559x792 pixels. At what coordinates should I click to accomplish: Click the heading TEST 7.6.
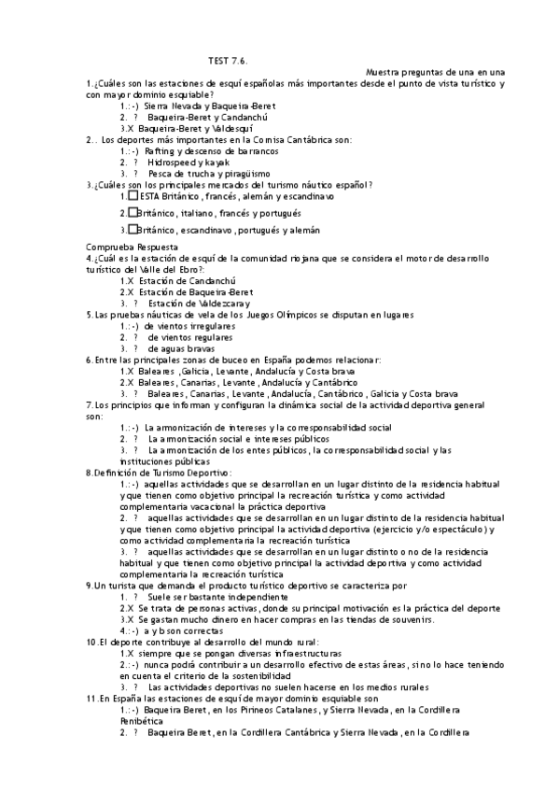point(228,60)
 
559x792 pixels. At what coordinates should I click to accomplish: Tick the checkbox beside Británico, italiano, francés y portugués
point(133,213)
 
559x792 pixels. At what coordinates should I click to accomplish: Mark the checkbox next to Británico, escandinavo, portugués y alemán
point(133,229)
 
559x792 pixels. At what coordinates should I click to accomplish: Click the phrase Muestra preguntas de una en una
point(436,72)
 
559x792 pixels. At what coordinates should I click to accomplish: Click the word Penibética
point(143,721)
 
